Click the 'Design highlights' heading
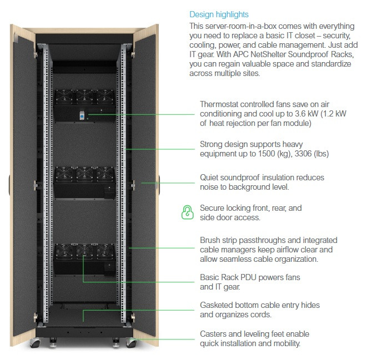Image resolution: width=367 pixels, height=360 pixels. pos(219,14)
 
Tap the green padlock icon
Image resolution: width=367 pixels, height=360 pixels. pos(187,212)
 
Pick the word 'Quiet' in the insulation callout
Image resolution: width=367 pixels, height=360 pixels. pos(210,178)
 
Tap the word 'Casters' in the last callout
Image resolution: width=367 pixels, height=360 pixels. pos(214,334)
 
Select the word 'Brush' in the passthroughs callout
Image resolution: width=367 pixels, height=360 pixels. pos(210,240)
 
